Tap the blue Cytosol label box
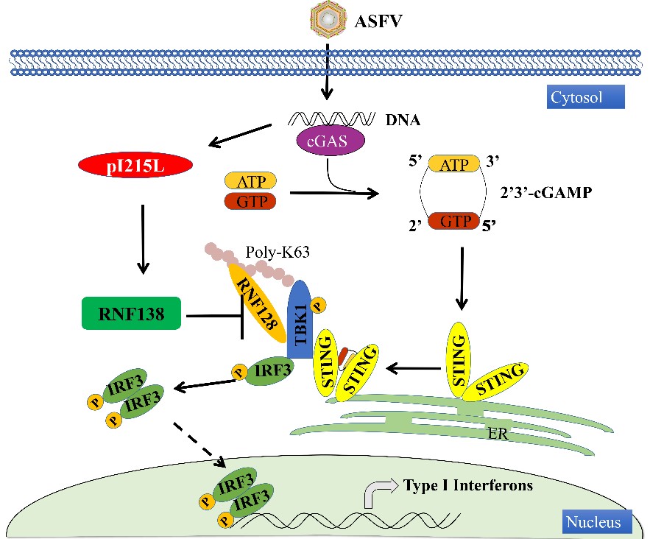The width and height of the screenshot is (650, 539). (586, 96)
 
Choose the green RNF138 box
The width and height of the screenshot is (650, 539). (130, 316)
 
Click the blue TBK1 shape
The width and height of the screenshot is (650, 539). (301, 318)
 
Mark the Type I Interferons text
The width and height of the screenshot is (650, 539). (467, 485)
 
